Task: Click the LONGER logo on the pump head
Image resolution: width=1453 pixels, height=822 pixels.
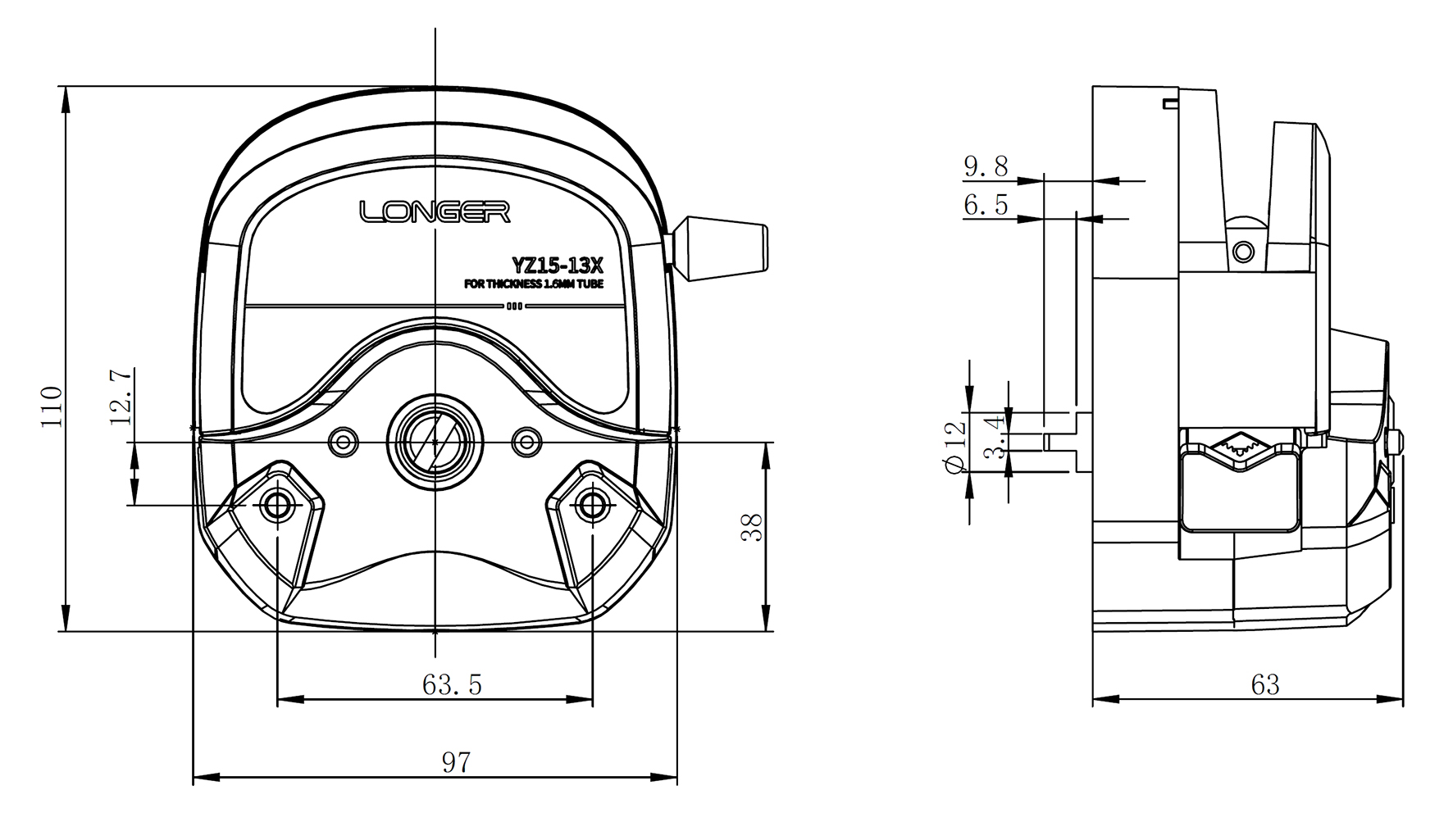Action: click(x=435, y=212)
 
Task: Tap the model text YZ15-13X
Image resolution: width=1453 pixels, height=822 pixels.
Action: click(x=558, y=265)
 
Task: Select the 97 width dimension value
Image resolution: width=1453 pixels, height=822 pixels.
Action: click(x=457, y=762)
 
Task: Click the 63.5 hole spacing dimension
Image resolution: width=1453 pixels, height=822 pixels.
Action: click(x=452, y=684)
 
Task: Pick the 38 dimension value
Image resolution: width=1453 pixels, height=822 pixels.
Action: click(x=751, y=526)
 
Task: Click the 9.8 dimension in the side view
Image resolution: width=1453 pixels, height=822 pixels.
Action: click(x=986, y=167)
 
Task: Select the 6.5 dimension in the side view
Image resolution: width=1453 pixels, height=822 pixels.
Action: click(x=986, y=204)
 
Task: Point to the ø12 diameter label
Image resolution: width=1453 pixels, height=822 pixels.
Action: click(x=952, y=447)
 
